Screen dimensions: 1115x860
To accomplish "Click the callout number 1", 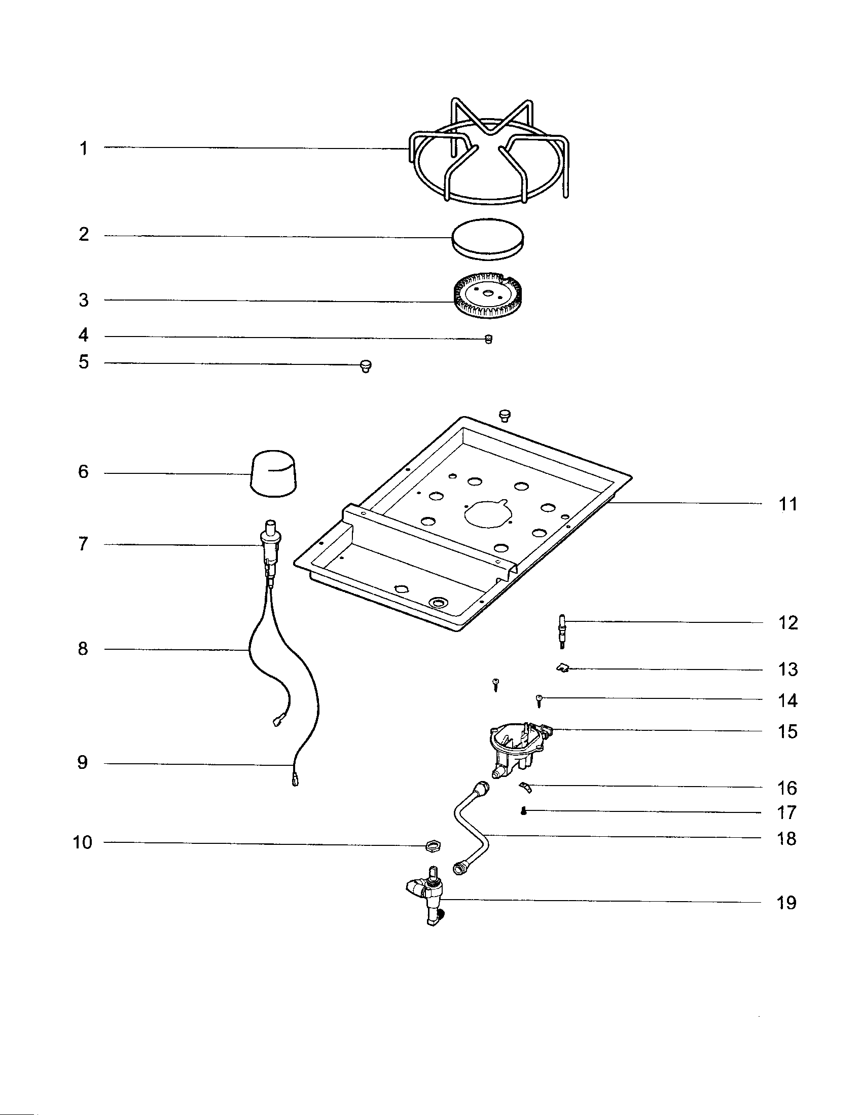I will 83,148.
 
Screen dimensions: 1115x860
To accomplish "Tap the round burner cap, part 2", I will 488,238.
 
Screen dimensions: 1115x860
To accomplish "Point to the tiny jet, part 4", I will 488,340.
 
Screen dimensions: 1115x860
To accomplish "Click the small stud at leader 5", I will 366,365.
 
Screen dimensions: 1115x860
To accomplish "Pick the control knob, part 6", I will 274,473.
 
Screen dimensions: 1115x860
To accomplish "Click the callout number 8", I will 83,649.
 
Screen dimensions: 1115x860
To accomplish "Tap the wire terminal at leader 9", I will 295,780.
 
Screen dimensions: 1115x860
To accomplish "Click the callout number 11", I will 787,504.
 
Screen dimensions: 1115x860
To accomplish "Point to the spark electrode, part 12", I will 562,631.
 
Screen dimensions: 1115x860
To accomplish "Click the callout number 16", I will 787,788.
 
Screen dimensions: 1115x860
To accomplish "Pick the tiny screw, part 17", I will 523,811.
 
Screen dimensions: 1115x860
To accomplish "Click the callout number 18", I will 786,838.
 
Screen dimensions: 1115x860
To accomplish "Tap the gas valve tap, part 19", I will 432,899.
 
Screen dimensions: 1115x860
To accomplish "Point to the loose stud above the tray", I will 505,415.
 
